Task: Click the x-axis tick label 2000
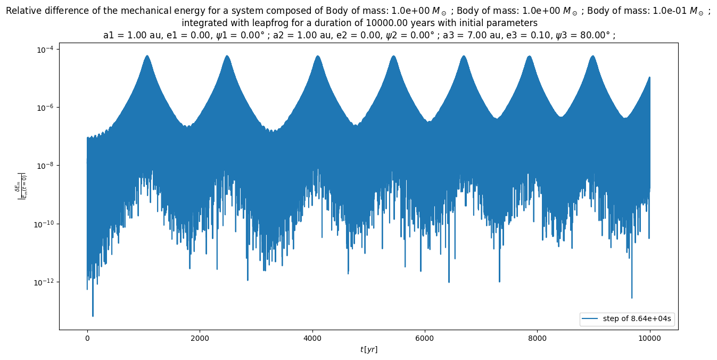tap(200, 338)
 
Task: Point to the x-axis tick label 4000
tap(312, 338)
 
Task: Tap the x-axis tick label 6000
tap(425, 338)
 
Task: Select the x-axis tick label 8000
tap(537, 338)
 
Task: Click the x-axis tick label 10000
tap(649, 338)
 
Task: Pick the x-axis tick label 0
tap(87, 338)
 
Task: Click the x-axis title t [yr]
tap(368, 349)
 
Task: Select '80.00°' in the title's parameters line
tap(594, 35)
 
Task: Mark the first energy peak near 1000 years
tap(147, 55)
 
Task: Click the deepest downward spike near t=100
tap(93, 316)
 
